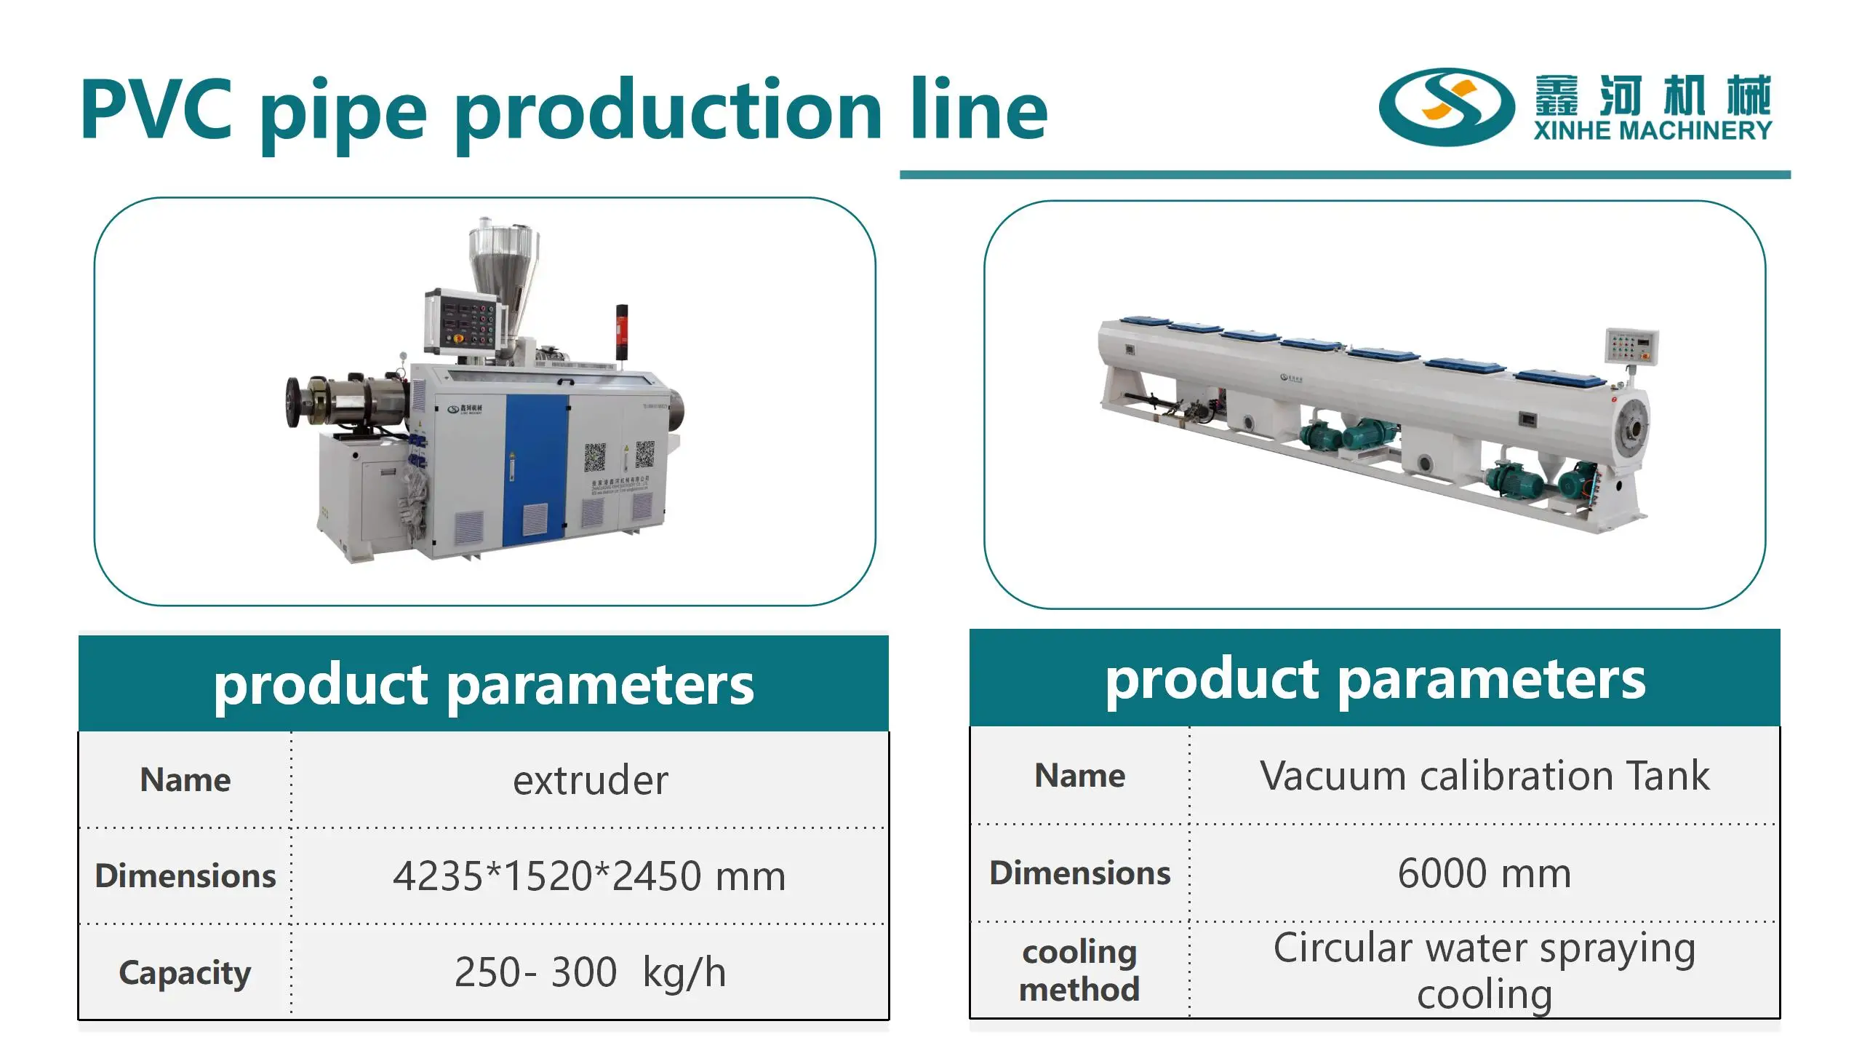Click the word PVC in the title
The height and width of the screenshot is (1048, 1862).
[x=156, y=111]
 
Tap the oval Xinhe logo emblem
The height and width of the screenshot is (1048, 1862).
[x=1445, y=108]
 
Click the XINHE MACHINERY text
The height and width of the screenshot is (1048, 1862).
[x=1653, y=131]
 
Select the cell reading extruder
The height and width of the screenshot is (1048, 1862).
[x=590, y=781]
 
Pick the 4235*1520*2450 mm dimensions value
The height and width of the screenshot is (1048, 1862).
[x=589, y=876]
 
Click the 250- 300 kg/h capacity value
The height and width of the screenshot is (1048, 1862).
[x=589, y=972]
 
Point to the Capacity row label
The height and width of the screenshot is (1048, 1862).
[x=185, y=973]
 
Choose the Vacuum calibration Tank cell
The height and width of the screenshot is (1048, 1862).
[x=1484, y=776]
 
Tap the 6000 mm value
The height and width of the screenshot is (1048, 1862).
[x=1484, y=873]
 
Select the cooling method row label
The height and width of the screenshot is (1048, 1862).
[x=1079, y=971]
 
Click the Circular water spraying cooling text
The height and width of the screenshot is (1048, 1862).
[x=1484, y=971]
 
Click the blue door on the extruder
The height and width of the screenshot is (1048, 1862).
[x=536, y=466]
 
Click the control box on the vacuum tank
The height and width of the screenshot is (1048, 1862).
[x=1632, y=345]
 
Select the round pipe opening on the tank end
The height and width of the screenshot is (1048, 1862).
[x=1631, y=431]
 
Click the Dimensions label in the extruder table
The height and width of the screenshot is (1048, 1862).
[x=185, y=876]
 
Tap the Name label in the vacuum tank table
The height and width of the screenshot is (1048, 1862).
[x=1079, y=776]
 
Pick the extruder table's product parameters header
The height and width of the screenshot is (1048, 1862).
[x=484, y=684]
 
